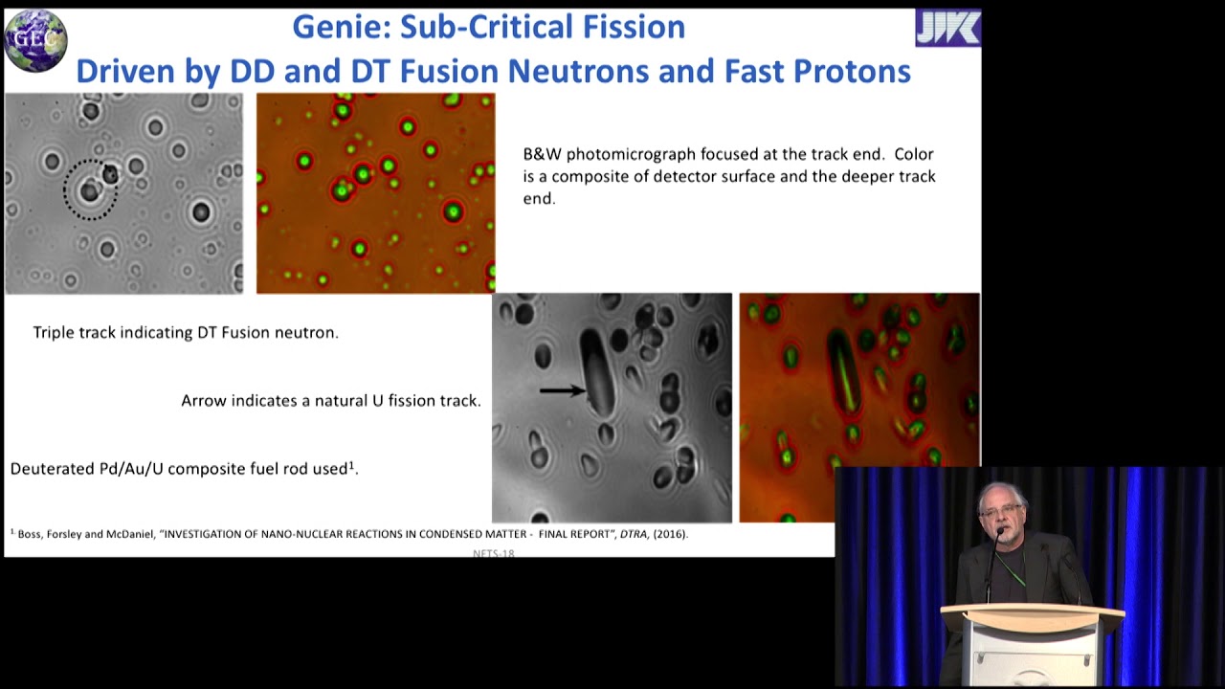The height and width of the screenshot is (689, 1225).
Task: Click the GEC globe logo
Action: (x=35, y=40)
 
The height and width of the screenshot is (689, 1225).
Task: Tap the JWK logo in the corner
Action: (x=947, y=29)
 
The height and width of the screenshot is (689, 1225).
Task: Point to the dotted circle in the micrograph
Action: (x=90, y=189)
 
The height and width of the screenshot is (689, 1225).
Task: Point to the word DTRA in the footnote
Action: (x=634, y=534)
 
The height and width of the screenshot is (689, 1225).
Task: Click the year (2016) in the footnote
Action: (x=669, y=534)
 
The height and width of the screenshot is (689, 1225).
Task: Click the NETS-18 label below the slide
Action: (x=493, y=553)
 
